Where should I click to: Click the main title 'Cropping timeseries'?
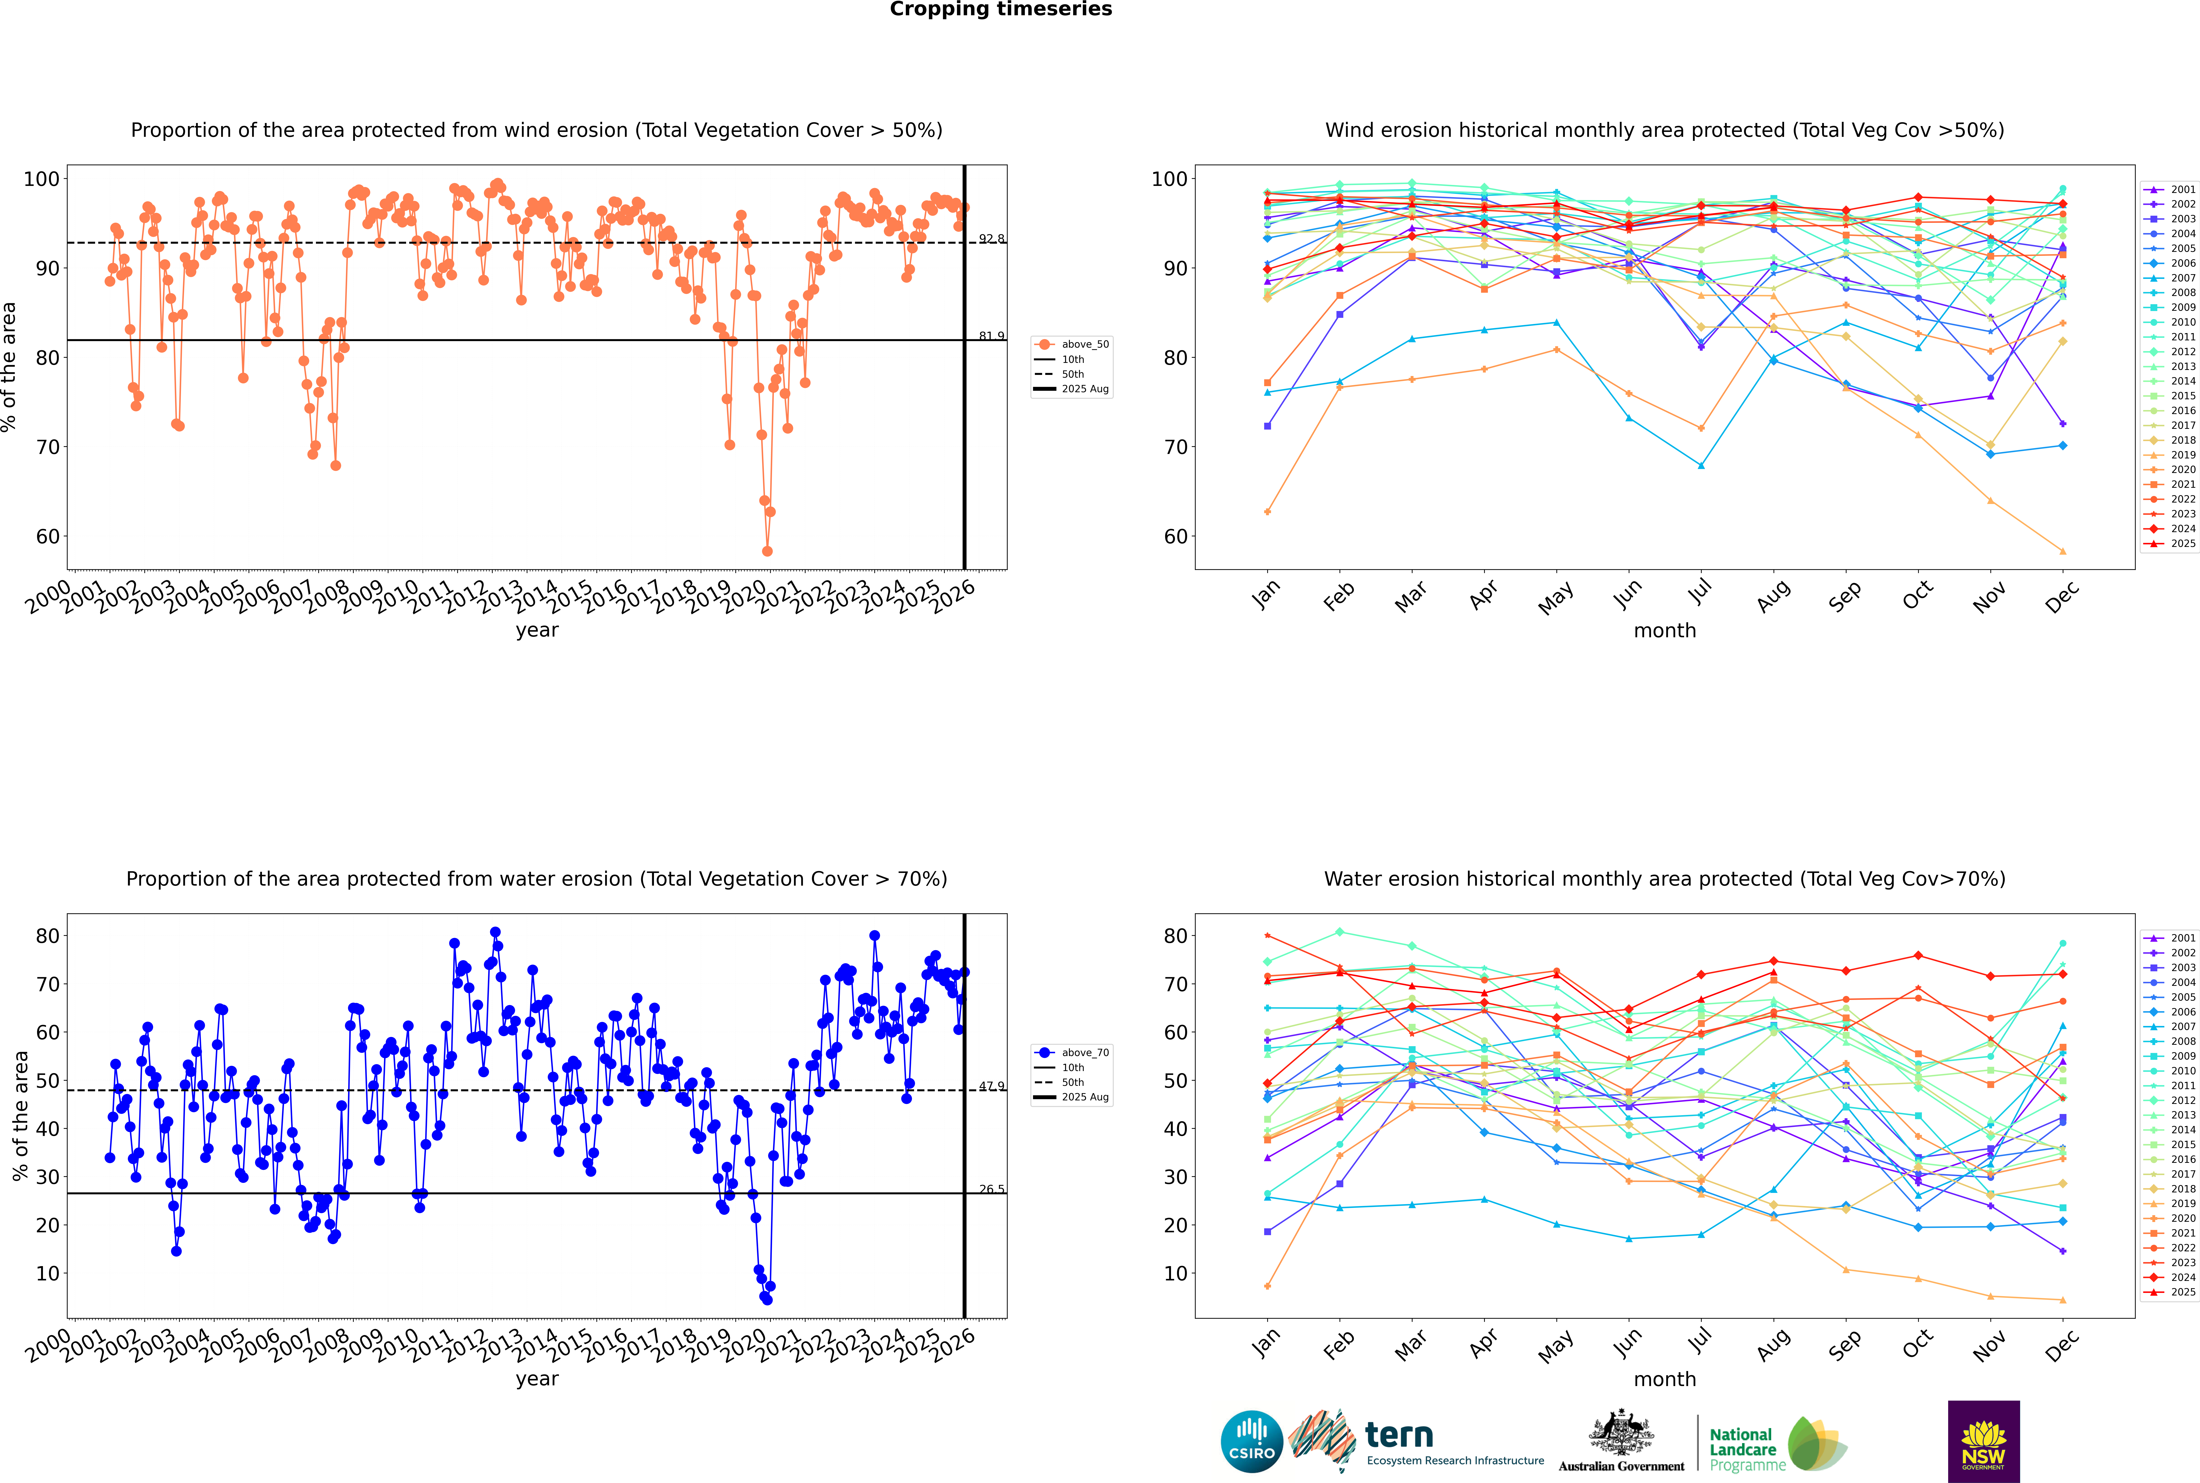tap(1001, 9)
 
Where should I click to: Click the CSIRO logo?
tap(1251, 1441)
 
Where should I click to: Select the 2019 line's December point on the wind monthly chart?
tap(2063, 551)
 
